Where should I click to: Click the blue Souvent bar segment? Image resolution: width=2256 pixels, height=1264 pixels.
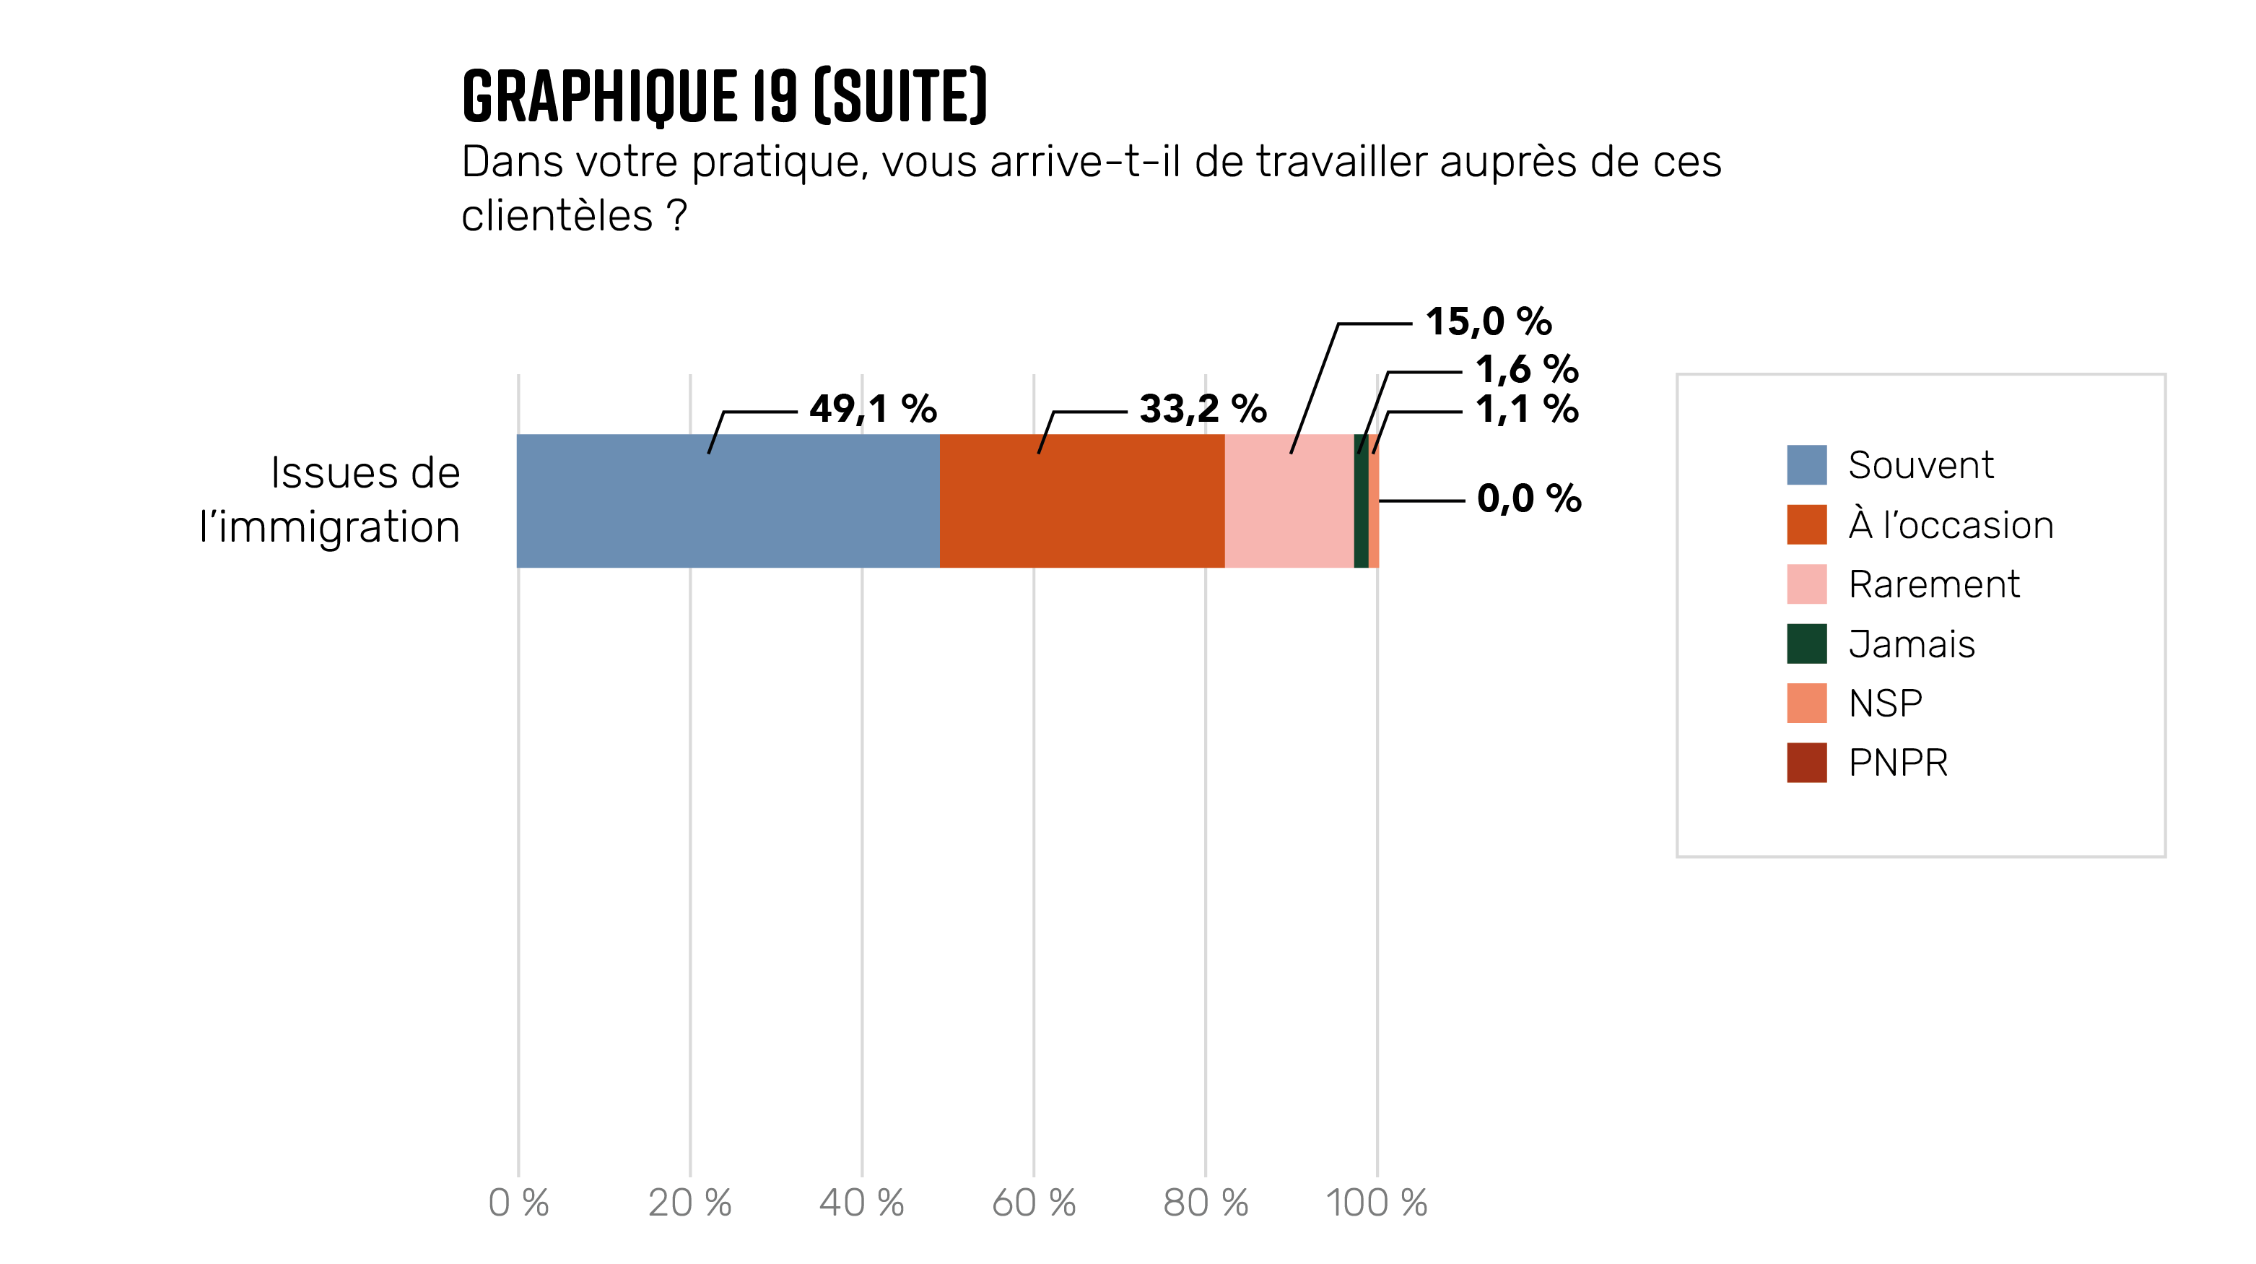point(727,501)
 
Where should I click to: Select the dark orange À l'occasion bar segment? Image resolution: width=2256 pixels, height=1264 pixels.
point(1081,501)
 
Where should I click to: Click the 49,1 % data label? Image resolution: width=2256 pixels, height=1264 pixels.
point(872,409)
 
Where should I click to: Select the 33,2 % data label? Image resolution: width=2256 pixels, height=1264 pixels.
point(1203,409)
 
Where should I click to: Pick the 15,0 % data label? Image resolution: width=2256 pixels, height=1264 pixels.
point(1488,322)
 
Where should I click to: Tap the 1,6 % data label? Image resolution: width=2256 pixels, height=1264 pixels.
point(1526,370)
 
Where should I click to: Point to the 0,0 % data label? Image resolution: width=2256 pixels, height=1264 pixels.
point(1528,499)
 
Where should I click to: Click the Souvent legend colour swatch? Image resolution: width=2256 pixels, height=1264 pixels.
point(1806,465)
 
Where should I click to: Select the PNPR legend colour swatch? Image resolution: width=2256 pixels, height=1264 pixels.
point(1806,763)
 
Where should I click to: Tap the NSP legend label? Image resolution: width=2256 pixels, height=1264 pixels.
point(1885,704)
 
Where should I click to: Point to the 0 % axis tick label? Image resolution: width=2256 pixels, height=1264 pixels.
point(518,1203)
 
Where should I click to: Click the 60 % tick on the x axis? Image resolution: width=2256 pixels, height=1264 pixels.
point(1033,1203)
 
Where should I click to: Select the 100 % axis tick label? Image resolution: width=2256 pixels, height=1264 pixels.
point(1376,1203)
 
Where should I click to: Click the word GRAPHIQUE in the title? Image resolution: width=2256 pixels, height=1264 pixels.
point(599,96)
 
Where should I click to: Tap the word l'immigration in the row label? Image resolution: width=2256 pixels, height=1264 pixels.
point(329,527)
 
